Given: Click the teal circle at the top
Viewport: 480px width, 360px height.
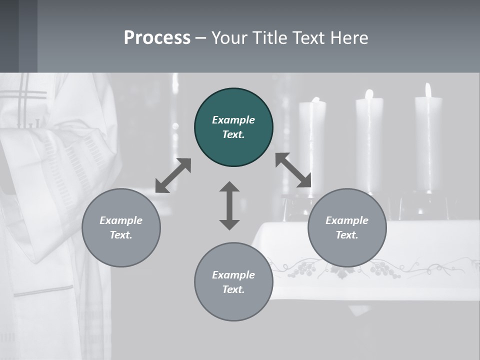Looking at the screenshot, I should [x=233, y=127].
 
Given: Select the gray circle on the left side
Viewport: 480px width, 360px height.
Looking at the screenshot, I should [x=121, y=227].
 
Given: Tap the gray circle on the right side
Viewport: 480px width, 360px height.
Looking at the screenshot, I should [x=347, y=227].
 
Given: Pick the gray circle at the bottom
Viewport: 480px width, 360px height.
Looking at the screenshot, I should [x=233, y=282].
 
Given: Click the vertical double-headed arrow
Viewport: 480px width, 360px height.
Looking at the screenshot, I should [x=229, y=205].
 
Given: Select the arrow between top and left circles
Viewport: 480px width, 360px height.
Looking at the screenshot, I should [x=173, y=175].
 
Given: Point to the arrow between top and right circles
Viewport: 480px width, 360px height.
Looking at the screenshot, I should [x=293, y=170].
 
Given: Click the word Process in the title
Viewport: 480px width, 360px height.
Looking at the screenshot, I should [x=157, y=37].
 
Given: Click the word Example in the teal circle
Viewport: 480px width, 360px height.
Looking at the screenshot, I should [x=233, y=120].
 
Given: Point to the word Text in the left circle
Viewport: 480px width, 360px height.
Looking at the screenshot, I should [x=120, y=235].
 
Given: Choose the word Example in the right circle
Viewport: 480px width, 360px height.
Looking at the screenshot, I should [x=347, y=220].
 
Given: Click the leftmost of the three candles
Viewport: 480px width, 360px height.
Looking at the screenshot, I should [x=312, y=145].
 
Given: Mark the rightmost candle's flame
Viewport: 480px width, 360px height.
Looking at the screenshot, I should [x=428, y=90].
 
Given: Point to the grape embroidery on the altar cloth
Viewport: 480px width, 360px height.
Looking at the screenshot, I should [x=302, y=270].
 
